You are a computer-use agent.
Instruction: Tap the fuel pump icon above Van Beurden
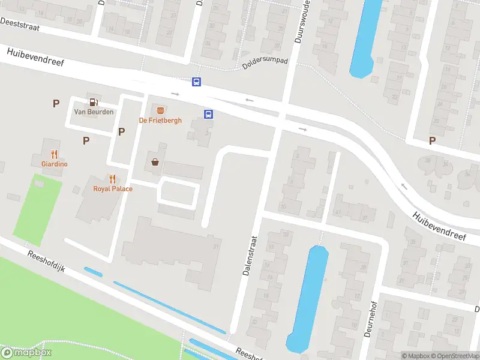[93, 103]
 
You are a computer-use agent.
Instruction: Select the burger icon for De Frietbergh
[160, 110]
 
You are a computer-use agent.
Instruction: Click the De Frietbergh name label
[160, 121]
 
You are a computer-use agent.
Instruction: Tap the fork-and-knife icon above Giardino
[54, 154]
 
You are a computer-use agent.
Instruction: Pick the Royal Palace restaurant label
[113, 188]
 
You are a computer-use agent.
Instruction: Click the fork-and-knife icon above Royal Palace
[112, 179]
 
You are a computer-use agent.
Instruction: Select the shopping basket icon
[155, 161]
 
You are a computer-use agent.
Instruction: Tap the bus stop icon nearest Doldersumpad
[196, 82]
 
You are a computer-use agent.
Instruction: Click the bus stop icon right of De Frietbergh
[208, 115]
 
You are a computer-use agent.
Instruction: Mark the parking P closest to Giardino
[86, 140]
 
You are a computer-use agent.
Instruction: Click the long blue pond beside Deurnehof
[308, 297]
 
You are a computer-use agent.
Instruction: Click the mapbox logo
[26, 353]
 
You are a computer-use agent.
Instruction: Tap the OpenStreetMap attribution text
[454, 356]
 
